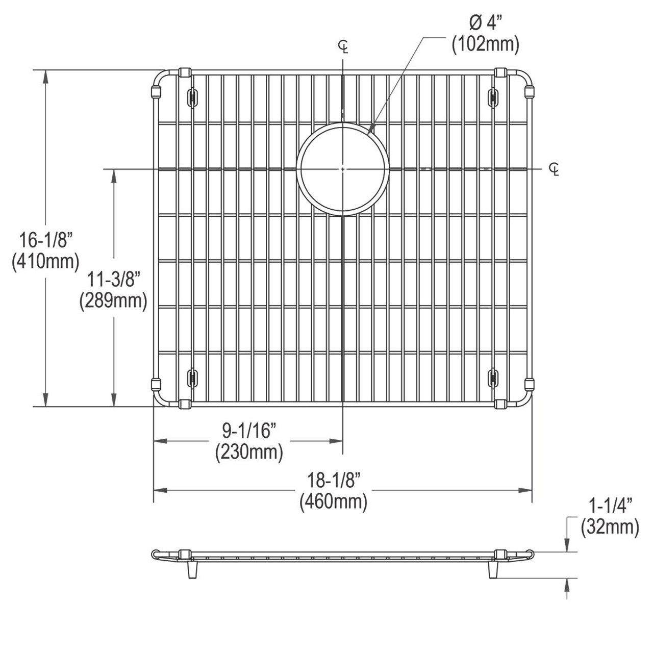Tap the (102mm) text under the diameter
pyautogui.click(x=485, y=45)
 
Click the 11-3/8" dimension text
pyautogui.click(x=113, y=279)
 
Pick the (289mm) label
pyautogui.click(x=113, y=301)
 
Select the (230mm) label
pyautogui.click(x=249, y=452)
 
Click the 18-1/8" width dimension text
pyautogui.click(x=334, y=480)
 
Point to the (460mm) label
pyautogui.click(x=334, y=502)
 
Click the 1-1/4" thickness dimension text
pyautogui.click(x=610, y=506)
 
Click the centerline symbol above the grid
pyautogui.click(x=344, y=47)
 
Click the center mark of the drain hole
pyautogui.click(x=343, y=168)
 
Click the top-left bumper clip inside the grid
pyautogui.click(x=192, y=97)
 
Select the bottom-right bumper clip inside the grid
pyautogui.click(x=493, y=378)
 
